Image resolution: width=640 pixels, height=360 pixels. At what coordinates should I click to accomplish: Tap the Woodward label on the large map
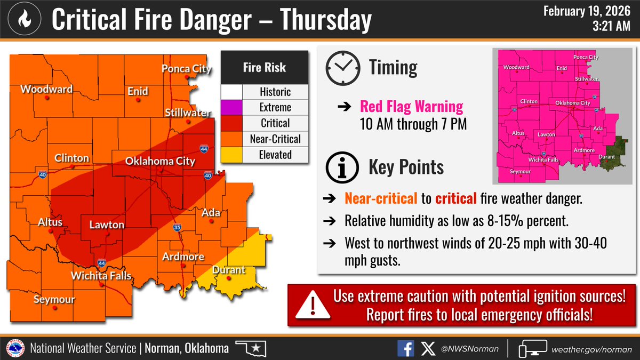(46, 89)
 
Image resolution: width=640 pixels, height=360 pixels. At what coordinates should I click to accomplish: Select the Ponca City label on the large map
(187, 69)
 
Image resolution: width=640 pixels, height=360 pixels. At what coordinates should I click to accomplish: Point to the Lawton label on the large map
(107, 225)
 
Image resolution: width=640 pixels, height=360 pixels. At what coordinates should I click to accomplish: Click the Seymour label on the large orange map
(54, 299)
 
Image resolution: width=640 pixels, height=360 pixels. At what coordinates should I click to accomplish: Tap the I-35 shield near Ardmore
(178, 228)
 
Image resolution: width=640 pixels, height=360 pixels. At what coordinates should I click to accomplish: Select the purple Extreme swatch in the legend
(232, 107)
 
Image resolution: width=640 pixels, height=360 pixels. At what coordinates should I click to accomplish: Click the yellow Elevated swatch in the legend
(232, 155)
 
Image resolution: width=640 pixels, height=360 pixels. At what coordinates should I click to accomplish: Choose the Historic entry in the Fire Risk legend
(275, 92)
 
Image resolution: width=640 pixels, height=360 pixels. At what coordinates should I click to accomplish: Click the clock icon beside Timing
(341, 68)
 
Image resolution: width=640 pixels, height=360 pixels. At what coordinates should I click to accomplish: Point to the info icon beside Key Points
(341, 167)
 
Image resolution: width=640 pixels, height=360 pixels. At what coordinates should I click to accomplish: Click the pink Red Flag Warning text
(411, 107)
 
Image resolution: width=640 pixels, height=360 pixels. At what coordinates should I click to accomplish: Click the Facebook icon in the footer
(405, 349)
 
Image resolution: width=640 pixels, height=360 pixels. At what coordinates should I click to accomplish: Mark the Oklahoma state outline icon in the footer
(251, 349)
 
